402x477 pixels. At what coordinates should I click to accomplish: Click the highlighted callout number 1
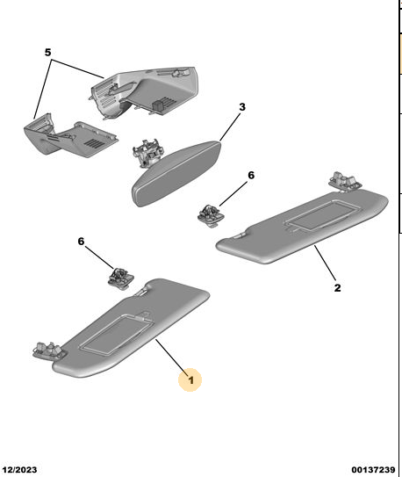tap(190, 380)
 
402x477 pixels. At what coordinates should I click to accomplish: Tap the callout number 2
tap(337, 288)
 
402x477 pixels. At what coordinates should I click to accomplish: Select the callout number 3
tap(242, 107)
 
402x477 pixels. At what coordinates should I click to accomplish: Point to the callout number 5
tap(47, 53)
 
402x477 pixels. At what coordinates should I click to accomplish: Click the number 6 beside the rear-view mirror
tap(251, 175)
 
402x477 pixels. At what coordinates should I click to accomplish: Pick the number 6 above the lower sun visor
tap(81, 242)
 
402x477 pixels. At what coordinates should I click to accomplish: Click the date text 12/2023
tap(19, 470)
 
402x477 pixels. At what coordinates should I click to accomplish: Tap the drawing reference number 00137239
tap(373, 470)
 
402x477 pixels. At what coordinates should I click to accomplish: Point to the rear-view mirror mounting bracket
tap(147, 152)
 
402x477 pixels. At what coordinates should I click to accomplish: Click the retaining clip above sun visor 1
tap(120, 278)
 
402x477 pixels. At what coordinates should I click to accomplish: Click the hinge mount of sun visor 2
tap(345, 181)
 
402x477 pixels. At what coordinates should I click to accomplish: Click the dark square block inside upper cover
tap(158, 105)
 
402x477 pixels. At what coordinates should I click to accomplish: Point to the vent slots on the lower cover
tap(93, 142)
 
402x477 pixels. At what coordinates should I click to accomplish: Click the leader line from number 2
tap(325, 263)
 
